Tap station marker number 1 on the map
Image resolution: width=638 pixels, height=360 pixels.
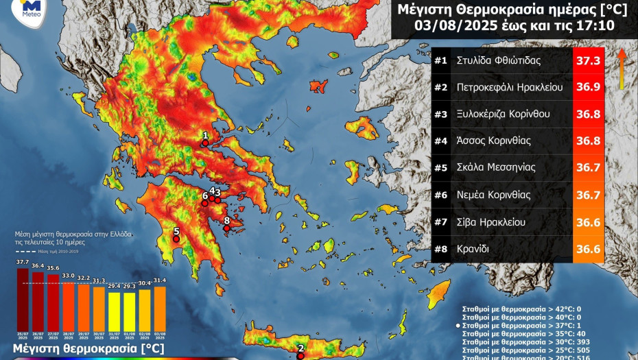[204, 143]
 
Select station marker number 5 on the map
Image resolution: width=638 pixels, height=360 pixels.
[176, 239]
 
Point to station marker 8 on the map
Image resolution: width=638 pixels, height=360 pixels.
[227, 228]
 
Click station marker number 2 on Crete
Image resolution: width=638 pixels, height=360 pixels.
[300, 355]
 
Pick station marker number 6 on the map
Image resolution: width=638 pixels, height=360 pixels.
[204, 204]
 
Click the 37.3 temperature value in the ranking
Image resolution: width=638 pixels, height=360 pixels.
[588, 60]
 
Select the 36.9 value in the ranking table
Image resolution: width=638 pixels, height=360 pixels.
[588, 87]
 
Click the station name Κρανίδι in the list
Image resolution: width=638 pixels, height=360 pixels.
[473, 248]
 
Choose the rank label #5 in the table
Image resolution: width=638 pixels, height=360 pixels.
[440, 167]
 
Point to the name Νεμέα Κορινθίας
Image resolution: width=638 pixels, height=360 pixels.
[493, 194]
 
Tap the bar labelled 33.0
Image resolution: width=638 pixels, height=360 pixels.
[68, 303]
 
